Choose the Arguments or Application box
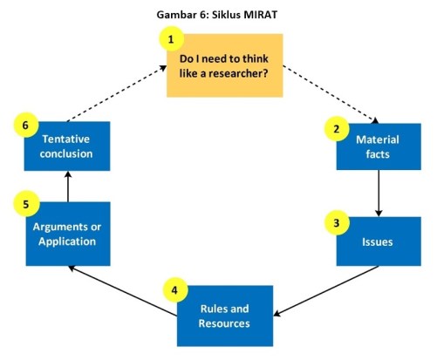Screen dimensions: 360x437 [x=66, y=234]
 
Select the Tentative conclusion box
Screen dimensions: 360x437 [x=66, y=146]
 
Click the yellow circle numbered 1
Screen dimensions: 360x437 [x=171, y=39]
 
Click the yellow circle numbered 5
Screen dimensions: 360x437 [x=26, y=206]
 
